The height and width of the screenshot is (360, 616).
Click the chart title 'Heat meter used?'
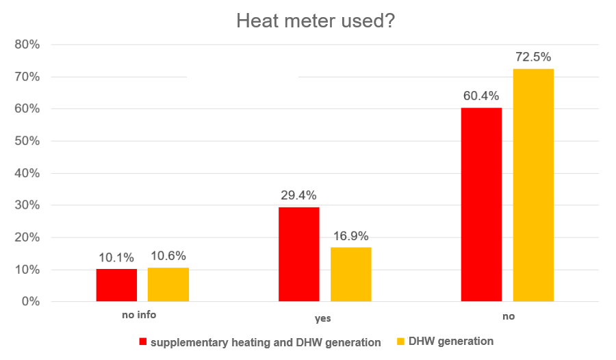(x=316, y=21)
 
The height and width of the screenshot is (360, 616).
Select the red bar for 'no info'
(x=116, y=285)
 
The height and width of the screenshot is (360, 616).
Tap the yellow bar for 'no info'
(x=168, y=284)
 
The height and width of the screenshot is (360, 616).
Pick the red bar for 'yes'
(x=299, y=254)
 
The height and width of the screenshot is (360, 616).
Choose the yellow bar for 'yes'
(x=351, y=274)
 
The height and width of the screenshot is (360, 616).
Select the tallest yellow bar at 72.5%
(x=533, y=185)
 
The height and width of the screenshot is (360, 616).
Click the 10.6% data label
(x=168, y=256)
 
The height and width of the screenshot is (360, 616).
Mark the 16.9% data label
(x=351, y=236)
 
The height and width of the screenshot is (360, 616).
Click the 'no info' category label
(x=140, y=316)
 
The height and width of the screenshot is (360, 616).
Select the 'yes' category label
(x=322, y=319)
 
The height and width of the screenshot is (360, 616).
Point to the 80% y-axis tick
(x=27, y=45)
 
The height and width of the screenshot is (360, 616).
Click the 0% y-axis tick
(x=30, y=302)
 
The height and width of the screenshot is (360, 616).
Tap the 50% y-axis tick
(x=27, y=142)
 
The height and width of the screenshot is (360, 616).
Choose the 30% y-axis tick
(x=27, y=205)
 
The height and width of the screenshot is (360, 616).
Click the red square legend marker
(x=144, y=342)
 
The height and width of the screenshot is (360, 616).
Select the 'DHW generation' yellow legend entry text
(x=452, y=341)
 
